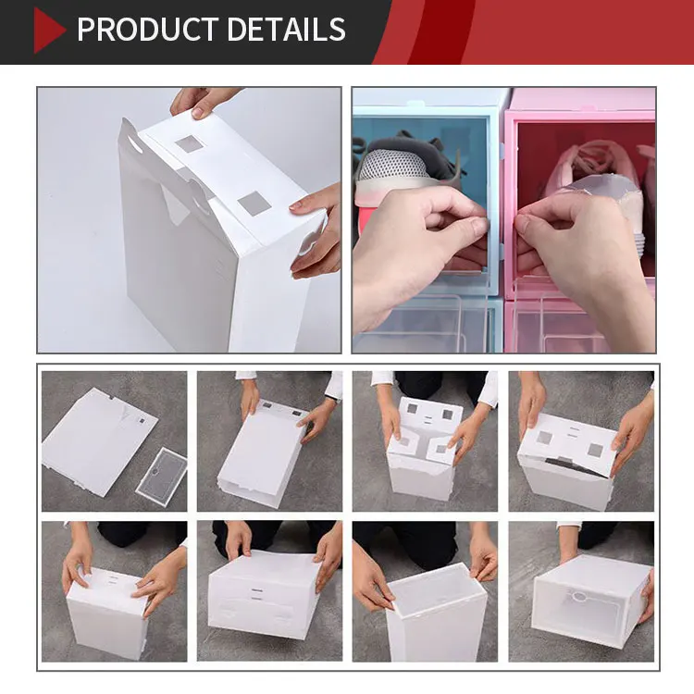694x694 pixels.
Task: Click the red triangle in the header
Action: [x=47, y=31]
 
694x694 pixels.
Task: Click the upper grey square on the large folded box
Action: [x=189, y=143]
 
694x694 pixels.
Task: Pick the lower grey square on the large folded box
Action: [x=253, y=204]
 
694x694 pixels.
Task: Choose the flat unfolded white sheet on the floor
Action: [x=97, y=440]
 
